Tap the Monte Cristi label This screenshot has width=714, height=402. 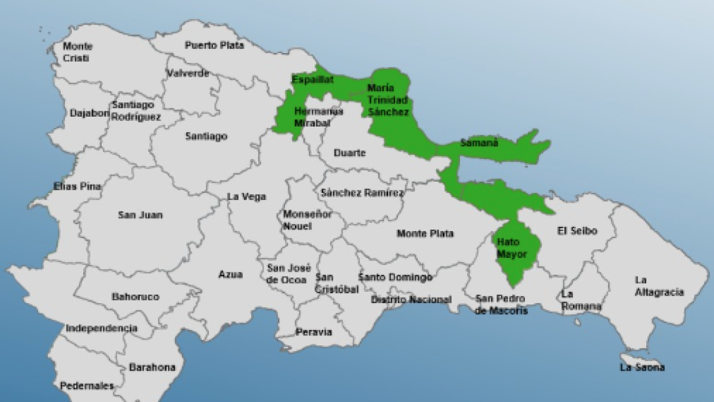(x=77, y=52)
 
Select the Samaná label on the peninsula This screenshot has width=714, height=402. (x=479, y=143)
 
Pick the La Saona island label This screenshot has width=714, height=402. (x=642, y=367)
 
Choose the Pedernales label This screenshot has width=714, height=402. (x=86, y=386)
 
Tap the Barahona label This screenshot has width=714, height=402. (x=152, y=367)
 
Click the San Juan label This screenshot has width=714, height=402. (x=140, y=215)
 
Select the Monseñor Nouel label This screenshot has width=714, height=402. (x=307, y=220)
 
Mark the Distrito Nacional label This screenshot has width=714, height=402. (x=411, y=300)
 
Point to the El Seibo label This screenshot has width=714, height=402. (x=577, y=231)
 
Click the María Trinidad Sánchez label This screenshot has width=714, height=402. (x=388, y=99)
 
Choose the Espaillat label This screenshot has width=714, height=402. (x=312, y=79)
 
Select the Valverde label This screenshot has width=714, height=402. (x=188, y=73)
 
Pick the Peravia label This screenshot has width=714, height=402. (x=314, y=332)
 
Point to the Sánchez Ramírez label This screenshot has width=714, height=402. (x=362, y=192)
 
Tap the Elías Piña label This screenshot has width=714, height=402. (x=77, y=186)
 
